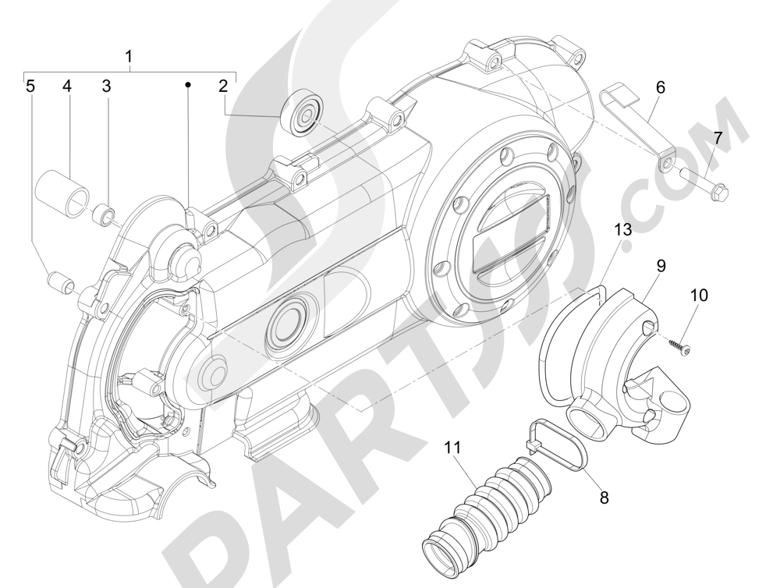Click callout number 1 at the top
click(129, 56)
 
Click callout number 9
click(660, 266)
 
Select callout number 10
click(698, 296)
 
